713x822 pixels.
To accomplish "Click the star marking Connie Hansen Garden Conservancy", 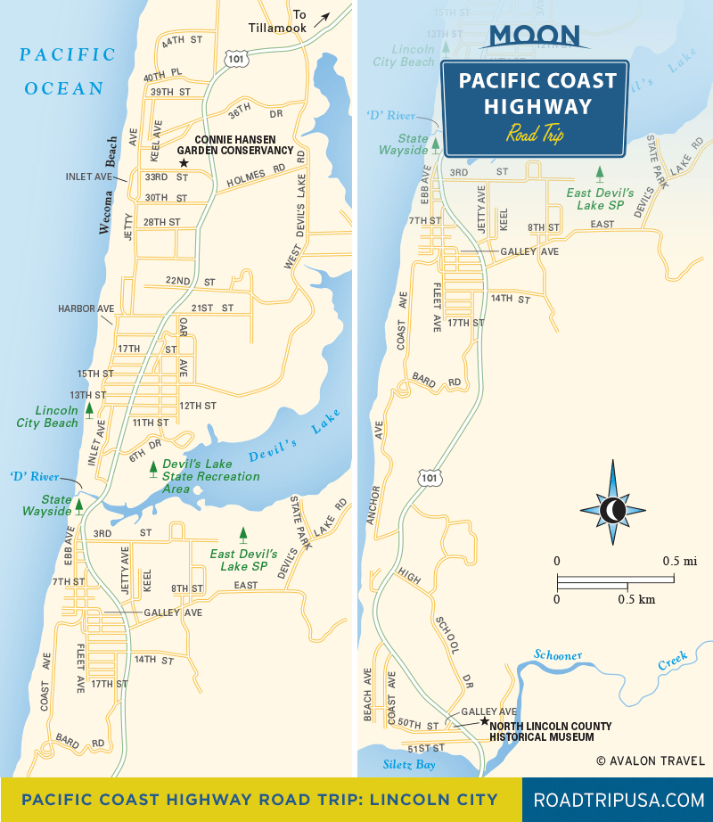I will tap(184, 163).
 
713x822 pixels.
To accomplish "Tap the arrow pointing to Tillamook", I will tap(320, 17).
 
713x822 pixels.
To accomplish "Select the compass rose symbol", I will tap(613, 509).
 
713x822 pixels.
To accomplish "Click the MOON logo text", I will tap(535, 37).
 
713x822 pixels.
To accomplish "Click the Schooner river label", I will tap(558, 655).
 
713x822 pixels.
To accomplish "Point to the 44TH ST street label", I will tap(184, 42).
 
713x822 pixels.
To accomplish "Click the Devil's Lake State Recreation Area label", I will tap(212, 476).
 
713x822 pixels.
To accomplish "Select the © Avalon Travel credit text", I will tap(651, 760).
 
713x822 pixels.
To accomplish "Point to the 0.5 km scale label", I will tap(636, 599).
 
